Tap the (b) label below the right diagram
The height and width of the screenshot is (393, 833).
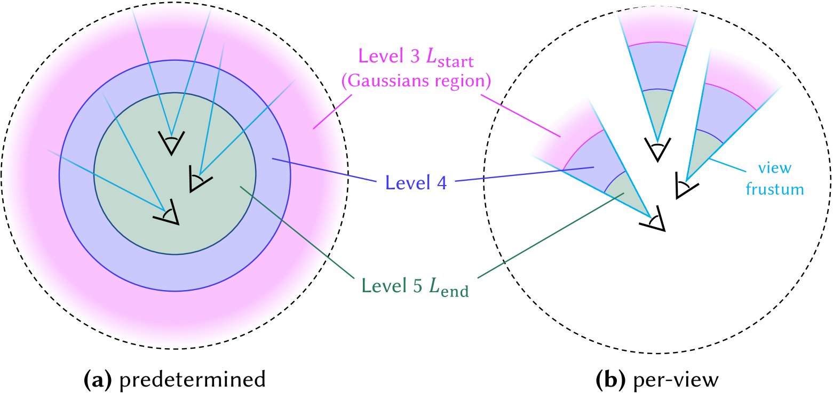[610, 380]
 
